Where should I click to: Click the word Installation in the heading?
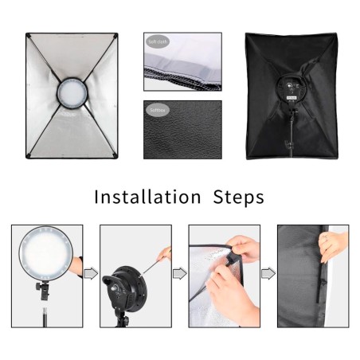point(147,196)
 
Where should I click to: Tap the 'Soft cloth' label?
point(157,41)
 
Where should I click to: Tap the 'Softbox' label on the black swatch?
point(156,111)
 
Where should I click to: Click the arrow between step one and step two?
point(90,273)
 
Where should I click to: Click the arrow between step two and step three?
point(179,273)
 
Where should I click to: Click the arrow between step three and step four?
point(268,273)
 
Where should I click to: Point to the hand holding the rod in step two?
point(166,254)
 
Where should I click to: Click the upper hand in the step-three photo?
point(246,251)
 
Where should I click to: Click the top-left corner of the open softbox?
point(28,36)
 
